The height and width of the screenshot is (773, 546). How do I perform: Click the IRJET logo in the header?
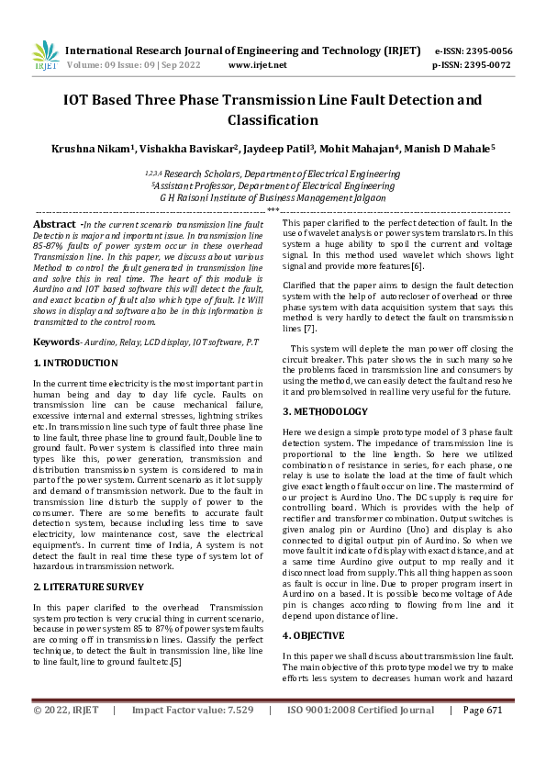pos(46,56)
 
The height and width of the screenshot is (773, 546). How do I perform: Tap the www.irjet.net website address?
pos(257,66)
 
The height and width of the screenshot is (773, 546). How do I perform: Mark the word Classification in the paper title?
pos(273,119)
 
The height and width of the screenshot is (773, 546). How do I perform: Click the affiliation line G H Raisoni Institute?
pos(273,197)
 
